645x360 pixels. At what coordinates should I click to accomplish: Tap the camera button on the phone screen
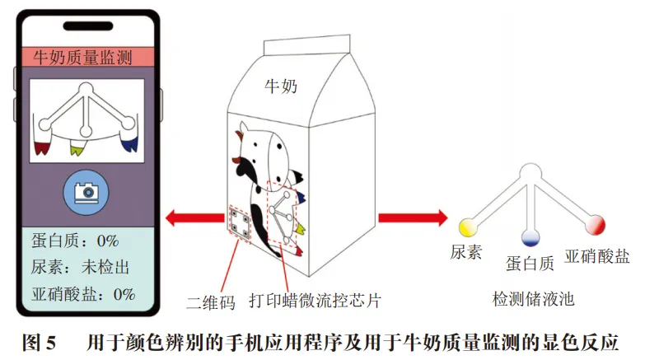(86, 192)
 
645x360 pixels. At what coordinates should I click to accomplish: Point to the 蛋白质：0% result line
(75, 241)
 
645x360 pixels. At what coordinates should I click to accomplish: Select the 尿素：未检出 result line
(81, 268)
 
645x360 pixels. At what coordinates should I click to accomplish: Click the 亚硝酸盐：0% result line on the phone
(83, 293)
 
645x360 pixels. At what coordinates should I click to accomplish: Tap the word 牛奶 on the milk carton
(279, 85)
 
